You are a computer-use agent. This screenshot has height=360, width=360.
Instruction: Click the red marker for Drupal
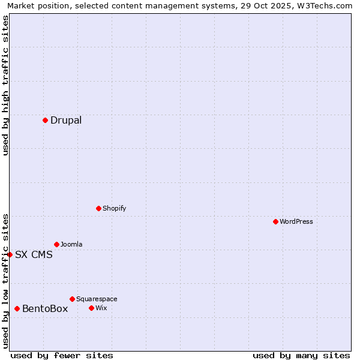(x=45, y=120)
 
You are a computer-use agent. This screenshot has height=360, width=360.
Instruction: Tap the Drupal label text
(x=66, y=120)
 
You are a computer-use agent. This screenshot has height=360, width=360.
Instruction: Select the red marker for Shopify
(x=98, y=208)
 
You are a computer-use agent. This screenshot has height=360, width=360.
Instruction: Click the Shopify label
(x=114, y=208)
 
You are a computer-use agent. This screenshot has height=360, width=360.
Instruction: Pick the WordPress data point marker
(x=275, y=221)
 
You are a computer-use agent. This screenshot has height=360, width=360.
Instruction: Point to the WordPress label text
(x=296, y=221)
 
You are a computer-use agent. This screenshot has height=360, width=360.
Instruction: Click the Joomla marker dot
(x=56, y=244)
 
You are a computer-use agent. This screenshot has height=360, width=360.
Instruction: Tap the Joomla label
(x=71, y=244)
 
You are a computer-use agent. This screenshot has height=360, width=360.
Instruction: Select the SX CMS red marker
(x=10, y=254)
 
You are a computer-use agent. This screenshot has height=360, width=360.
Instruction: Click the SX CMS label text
(x=34, y=254)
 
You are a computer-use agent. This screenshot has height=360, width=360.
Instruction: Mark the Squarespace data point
(x=72, y=299)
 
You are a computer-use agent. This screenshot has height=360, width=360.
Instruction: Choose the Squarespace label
(x=97, y=299)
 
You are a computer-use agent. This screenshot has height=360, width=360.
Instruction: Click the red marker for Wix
(x=91, y=308)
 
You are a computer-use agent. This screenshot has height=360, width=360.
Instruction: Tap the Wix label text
(x=101, y=308)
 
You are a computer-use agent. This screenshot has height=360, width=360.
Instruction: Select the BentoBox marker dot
(x=17, y=308)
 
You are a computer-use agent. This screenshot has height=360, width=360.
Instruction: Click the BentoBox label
(x=45, y=308)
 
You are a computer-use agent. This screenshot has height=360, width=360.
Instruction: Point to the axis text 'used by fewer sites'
(x=62, y=355)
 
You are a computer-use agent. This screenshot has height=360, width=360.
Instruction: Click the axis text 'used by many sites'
(x=301, y=355)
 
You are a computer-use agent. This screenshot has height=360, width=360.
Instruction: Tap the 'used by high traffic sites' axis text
(x=6, y=85)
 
